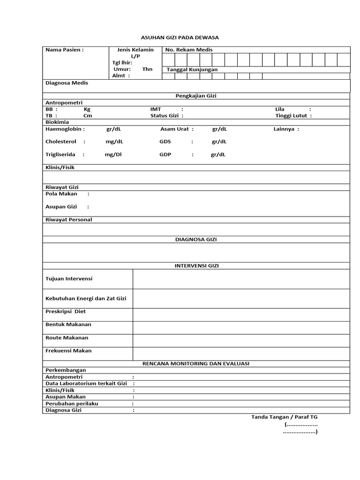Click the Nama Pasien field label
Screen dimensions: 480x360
[x=64, y=50]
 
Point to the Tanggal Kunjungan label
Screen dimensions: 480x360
[x=192, y=69]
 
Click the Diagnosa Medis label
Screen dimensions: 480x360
[x=67, y=83]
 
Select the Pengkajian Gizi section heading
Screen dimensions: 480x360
[x=196, y=96]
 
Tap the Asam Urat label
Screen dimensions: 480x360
[x=174, y=129]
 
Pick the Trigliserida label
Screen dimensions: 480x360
[x=61, y=154]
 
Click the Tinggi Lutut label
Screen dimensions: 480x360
[x=291, y=115]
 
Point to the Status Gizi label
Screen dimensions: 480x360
[x=165, y=115]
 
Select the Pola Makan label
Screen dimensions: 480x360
[x=61, y=194]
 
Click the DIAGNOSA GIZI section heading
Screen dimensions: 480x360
[x=196, y=239]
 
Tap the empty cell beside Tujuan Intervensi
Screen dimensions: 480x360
[x=241, y=279]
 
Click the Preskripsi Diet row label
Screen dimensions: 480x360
[x=66, y=311]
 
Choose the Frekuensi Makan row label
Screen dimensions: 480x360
[x=68, y=351]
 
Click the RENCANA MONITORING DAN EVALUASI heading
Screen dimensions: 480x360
[x=196, y=363]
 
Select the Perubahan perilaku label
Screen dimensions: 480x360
[x=72, y=403]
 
